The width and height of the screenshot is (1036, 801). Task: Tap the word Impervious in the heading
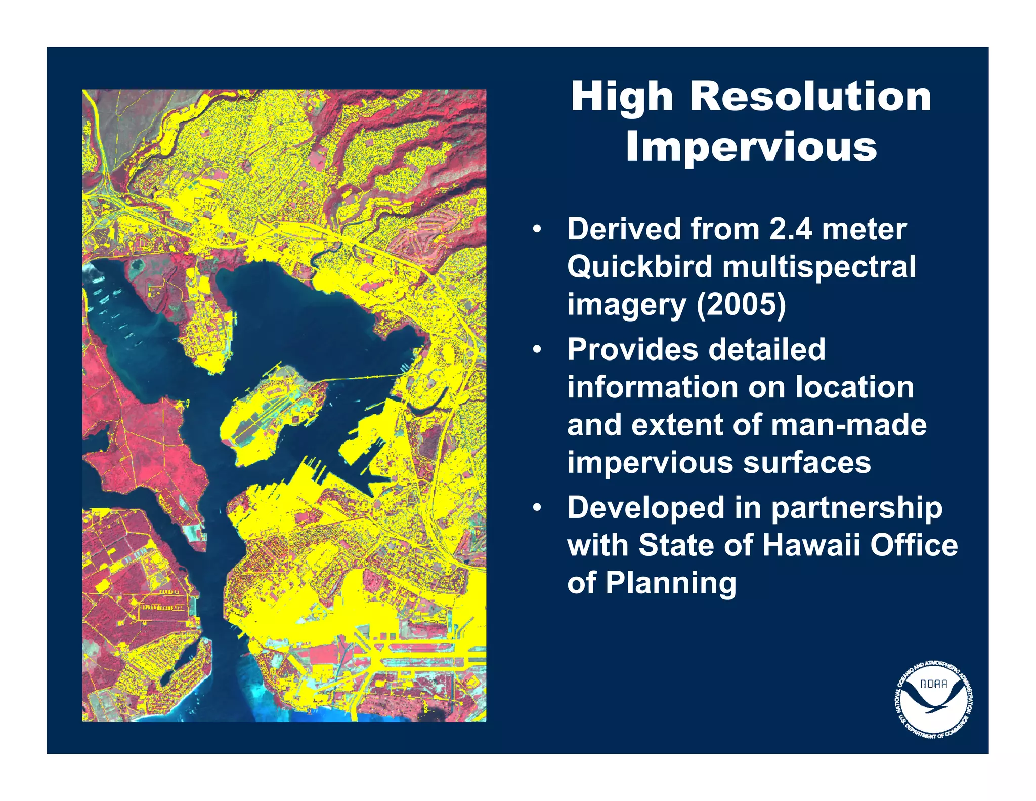point(751,147)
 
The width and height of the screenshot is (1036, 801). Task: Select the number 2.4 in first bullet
point(791,229)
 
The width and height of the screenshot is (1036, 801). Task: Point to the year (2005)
point(741,304)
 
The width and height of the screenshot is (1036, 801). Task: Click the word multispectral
point(819,267)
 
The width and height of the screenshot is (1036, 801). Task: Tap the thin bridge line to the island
point(364,377)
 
